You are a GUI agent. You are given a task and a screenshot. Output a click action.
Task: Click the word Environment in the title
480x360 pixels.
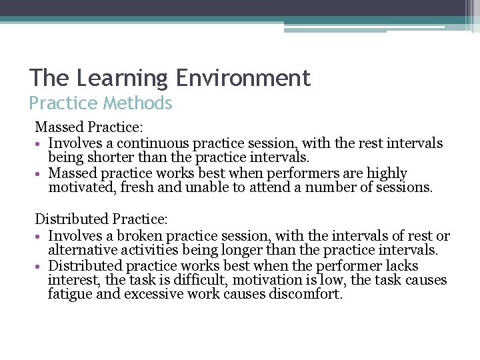click(x=243, y=78)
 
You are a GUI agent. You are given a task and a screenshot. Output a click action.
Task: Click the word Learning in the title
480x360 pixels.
click(x=122, y=78)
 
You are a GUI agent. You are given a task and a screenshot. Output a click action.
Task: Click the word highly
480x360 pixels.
click(x=385, y=173)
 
